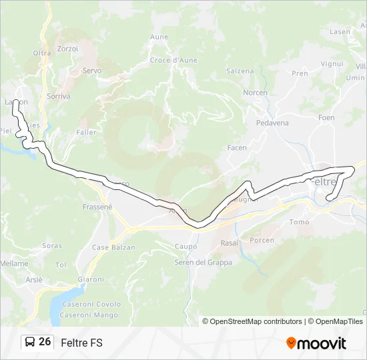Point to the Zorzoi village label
click(68, 49)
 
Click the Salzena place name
click(240, 71)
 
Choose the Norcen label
click(255, 93)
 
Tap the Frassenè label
click(97, 207)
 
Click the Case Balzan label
click(113, 247)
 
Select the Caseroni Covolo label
click(91, 304)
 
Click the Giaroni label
click(91, 279)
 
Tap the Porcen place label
click(262, 240)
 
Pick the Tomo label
click(300, 222)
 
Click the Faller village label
click(86, 133)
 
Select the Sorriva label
click(59, 97)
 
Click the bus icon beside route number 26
click(30, 342)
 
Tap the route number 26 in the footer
click(45, 342)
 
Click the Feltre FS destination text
click(81, 343)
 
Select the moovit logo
click(316, 343)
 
